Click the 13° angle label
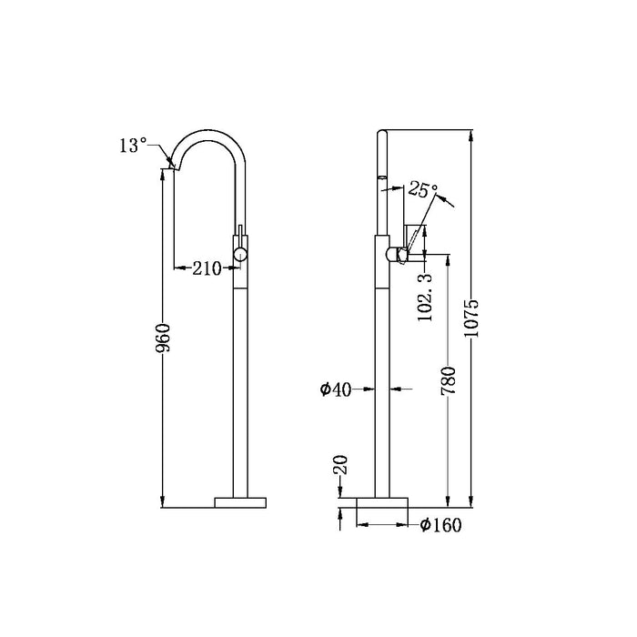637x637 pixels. click(133, 145)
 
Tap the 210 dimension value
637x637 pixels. click(207, 268)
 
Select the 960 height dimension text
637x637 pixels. click(163, 338)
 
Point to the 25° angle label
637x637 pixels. click(422, 188)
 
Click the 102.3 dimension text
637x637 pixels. click(425, 298)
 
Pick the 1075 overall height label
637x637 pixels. click(471, 318)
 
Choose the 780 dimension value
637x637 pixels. click(449, 380)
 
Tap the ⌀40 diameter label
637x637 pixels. click(336, 389)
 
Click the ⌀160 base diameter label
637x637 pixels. click(440, 525)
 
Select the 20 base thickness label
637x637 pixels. click(340, 465)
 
